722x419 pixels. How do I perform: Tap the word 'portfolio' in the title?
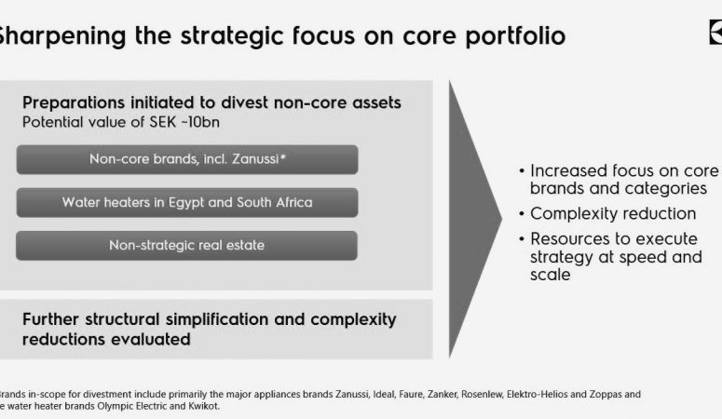pyautogui.click(x=515, y=36)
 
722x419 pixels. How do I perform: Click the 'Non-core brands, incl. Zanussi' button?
pyautogui.click(x=187, y=159)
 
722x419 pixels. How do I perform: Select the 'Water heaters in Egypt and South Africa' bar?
pyautogui.click(x=187, y=203)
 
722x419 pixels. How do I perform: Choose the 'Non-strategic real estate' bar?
pyautogui.click(x=187, y=246)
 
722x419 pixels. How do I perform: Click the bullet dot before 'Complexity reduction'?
pyautogui.click(x=522, y=214)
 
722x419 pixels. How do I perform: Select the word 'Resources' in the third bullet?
pyautogui.click(x=567, y=239)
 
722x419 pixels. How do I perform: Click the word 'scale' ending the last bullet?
pyautogui.click(x=551, y=275)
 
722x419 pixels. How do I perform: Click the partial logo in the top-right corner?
pyautogui.click(x=715, y=33)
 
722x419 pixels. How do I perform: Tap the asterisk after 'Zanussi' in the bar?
pyautogui.click(x=282, y=156)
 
